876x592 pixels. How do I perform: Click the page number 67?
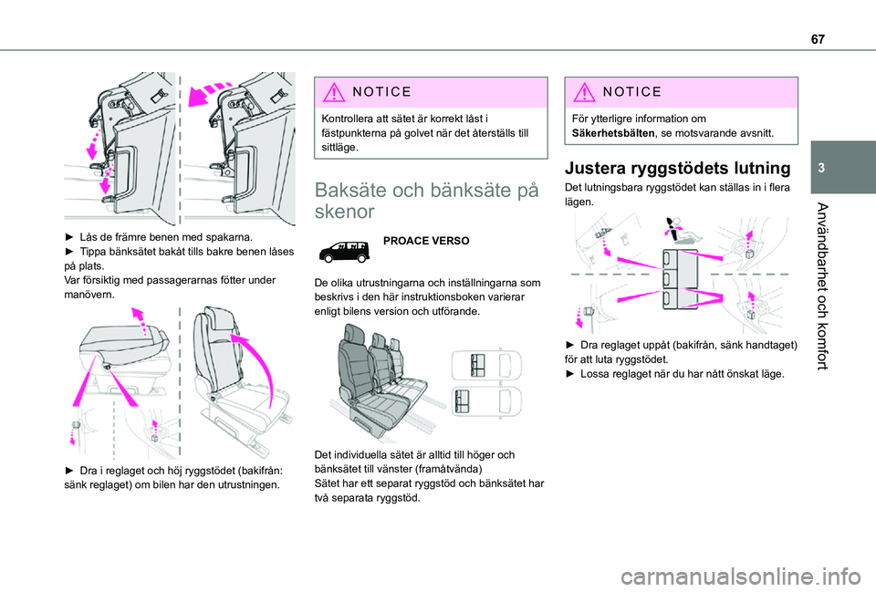[x=818, y=39]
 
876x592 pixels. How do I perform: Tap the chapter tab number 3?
[x=821, y=168]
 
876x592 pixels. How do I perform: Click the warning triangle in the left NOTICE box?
[x=334, y=91]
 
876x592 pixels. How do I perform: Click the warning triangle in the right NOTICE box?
[x=584, y=91]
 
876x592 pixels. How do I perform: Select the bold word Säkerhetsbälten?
[x=613, y=133]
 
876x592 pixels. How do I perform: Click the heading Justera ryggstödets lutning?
[x=678, y=168]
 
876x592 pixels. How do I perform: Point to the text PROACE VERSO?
[x=426, y=241]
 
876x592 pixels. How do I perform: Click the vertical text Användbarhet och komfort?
[x=821, y=286]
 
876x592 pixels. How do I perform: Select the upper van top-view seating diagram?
[x=486, y=365]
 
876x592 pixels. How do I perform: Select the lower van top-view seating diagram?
[x=486, y=400]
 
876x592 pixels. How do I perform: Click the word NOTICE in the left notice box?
[x=382, y=91]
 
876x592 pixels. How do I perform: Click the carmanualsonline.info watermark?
[x=740, y=576]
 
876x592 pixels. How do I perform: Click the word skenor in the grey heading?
[x=345, y=212]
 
